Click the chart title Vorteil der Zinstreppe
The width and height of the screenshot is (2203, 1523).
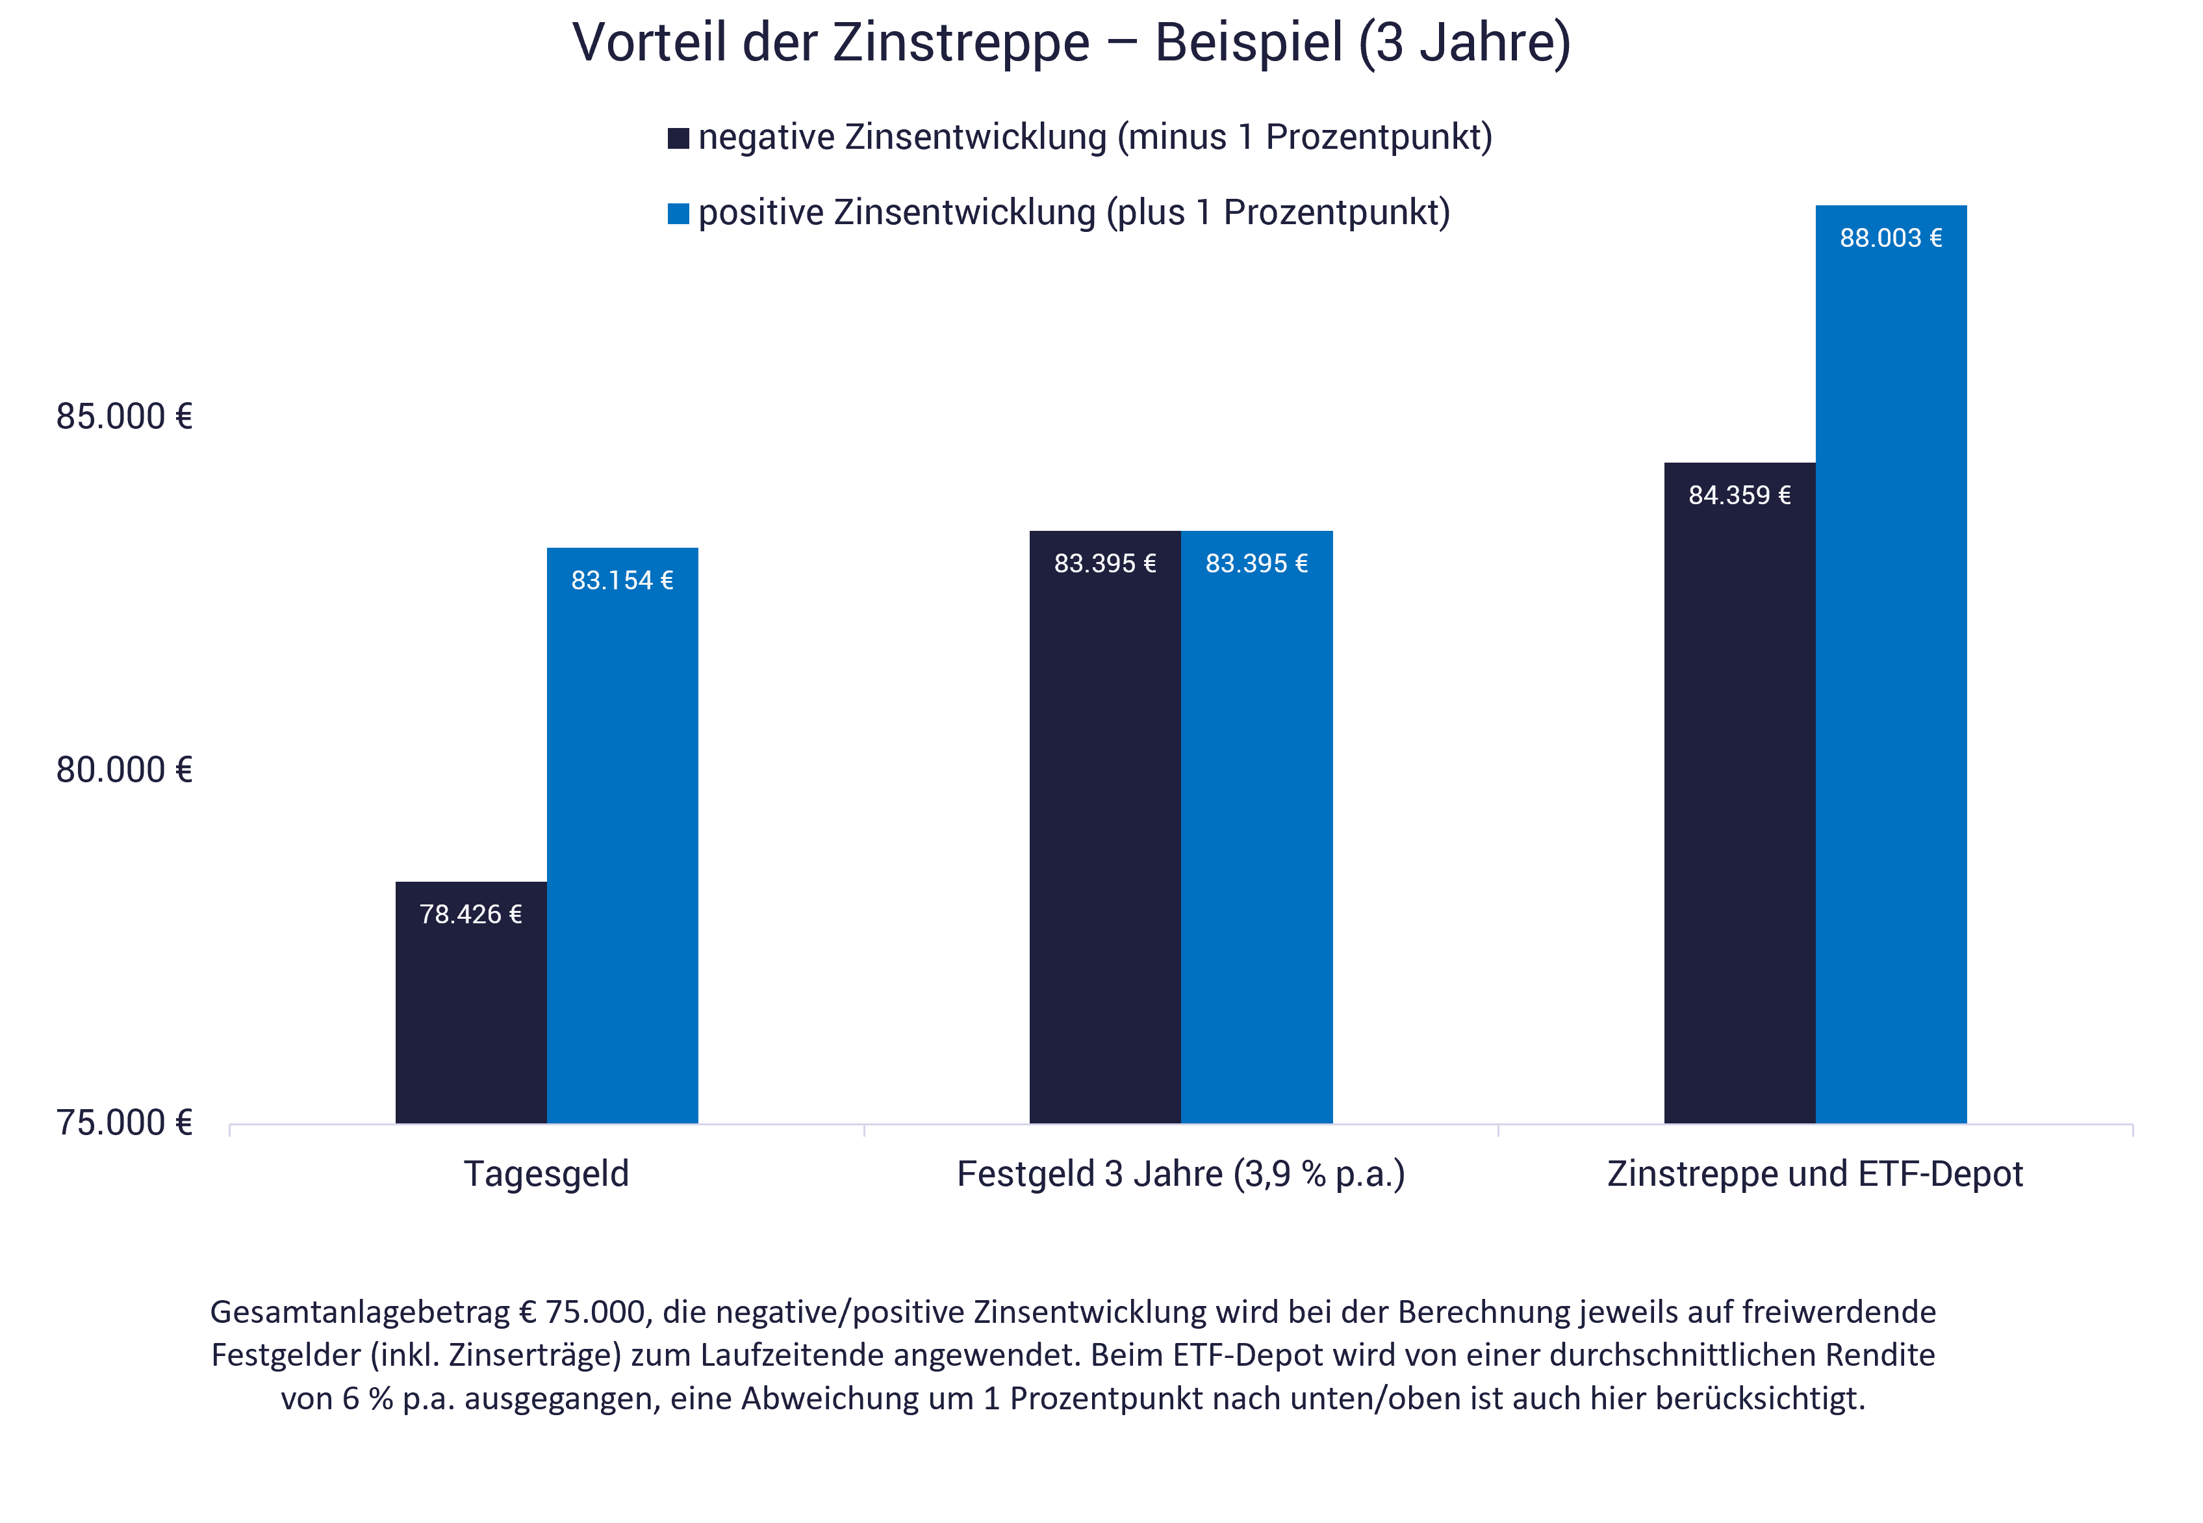pyautogui.click(x=1071, y=43)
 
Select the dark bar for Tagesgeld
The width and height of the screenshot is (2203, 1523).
pyautogui.click(x=470, y=1012)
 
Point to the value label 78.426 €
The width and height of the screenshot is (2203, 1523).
pyautogui.click(x=470, y=914)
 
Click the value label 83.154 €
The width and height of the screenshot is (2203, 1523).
pyautogui.click(x=622, y=580)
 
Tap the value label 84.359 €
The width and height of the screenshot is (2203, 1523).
pyautogui.click(x=1739, y=495)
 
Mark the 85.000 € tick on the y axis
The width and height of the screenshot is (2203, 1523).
pyautogui.click(x=124, y=417)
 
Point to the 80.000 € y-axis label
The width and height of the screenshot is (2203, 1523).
pyautogui.click(x=124, y=770)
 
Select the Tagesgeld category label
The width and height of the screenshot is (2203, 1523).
pyautogui.click(x=546, y=1173)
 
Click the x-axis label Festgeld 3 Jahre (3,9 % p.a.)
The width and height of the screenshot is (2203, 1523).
pyautogui.click(x=1180, y=1173)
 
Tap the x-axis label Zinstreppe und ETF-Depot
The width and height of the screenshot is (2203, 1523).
pyautogui.click(x=1815, y=1173)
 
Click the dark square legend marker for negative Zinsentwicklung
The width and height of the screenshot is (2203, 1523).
pyautogui.click(x=678, y=138)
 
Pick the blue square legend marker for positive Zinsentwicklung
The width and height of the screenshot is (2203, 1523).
pyautogui.click(x=678, y=214)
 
